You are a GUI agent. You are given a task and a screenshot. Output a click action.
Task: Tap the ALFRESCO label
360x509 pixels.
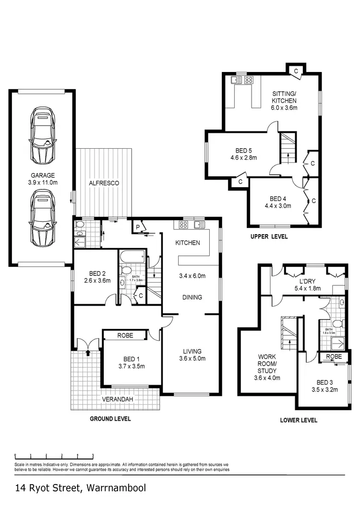(x=104, y=183)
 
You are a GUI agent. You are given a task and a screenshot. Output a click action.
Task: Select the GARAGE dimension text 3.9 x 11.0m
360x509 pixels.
(x=43, y=182)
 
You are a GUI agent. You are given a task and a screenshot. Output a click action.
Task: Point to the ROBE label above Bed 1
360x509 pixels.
(x=125, y=335)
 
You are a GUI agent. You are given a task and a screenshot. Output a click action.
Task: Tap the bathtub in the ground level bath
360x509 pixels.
(x=132, y=257)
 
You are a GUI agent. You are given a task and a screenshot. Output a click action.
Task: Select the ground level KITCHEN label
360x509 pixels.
(x=187, y=243)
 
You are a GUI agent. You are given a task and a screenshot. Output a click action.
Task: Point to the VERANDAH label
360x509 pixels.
(x=118, y=399)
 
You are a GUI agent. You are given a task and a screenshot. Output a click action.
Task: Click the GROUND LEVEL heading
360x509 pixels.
(x=110, y=418)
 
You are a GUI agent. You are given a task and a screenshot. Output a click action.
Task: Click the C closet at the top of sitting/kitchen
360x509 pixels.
(x=296, y=71)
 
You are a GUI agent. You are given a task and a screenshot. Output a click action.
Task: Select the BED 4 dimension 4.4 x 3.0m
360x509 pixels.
(x=277, y=206)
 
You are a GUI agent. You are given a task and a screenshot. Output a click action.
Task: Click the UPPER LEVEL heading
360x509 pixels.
(x=269, y=237)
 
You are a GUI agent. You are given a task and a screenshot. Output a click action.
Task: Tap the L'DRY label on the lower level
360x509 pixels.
(x=307, y=281)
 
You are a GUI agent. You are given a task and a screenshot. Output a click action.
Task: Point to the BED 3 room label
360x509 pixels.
(x=324, y=382)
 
